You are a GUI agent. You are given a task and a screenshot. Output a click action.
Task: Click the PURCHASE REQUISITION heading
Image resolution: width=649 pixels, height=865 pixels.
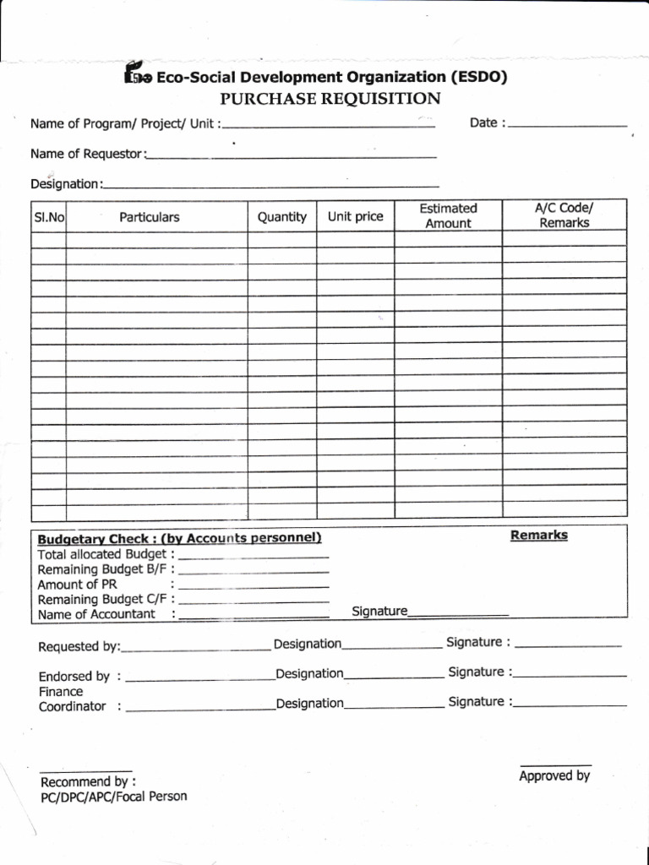click(x=330, y=99)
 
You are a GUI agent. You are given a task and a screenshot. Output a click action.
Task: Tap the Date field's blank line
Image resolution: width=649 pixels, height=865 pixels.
click(x=568, y=124)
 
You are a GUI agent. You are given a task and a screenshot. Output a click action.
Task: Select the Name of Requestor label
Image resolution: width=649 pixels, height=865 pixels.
click(x=88, y=154)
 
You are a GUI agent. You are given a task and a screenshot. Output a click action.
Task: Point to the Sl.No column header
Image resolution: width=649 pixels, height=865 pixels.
click(x=49, y=217)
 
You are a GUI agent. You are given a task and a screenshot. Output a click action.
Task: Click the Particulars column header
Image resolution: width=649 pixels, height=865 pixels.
click(x=150, y=217)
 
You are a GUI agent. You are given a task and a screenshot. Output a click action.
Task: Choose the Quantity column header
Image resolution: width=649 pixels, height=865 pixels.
click(x=282, y=217)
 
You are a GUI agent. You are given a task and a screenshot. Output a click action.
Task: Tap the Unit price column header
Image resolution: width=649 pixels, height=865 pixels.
click(x=356, y=217)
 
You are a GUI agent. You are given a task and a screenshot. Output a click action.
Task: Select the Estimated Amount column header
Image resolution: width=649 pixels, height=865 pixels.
click(x=448, y=215)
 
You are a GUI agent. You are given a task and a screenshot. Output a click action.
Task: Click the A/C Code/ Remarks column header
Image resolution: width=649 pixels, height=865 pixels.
click(x=564, y=215)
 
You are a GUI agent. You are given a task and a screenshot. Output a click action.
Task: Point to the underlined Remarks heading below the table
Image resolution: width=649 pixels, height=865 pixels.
click(x=539, y=536)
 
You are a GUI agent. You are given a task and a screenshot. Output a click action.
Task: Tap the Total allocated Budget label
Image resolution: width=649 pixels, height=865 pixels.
click(x=103, y=554)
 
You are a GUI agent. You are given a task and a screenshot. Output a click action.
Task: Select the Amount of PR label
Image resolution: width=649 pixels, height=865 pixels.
click(x=78, y=585)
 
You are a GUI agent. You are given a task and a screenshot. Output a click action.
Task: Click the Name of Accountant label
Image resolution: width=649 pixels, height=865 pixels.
click(x=96, y=614)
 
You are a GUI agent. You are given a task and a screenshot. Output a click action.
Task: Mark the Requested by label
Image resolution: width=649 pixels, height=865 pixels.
click(x=79, y=647)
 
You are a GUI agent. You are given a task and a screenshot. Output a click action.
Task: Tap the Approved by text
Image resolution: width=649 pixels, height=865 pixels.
click(x=554, y=776)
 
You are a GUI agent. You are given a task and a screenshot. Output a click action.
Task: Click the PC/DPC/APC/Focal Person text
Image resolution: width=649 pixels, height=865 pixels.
click(x=113, y=797)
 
